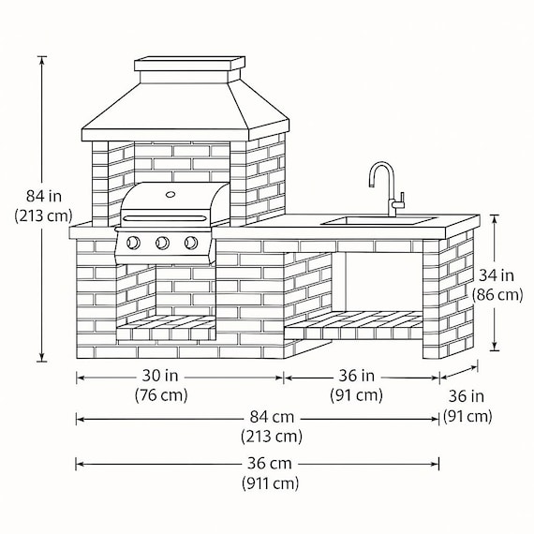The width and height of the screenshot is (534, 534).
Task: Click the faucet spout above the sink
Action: (x=382, y=167)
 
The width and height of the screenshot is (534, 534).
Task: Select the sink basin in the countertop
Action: (x=378, y=221)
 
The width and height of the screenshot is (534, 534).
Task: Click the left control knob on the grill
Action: (x=133, y=243)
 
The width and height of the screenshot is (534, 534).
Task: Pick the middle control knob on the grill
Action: (x=162, y=243)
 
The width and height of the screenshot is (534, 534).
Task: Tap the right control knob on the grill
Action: (x=191, y=243)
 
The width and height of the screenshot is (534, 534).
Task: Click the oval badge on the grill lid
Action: (x=171, y=195)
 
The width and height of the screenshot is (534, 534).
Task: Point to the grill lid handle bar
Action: (x=165, y=218)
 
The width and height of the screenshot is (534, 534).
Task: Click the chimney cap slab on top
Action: (x=189, y=64)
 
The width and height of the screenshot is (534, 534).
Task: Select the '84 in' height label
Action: (x=44, y=197)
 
